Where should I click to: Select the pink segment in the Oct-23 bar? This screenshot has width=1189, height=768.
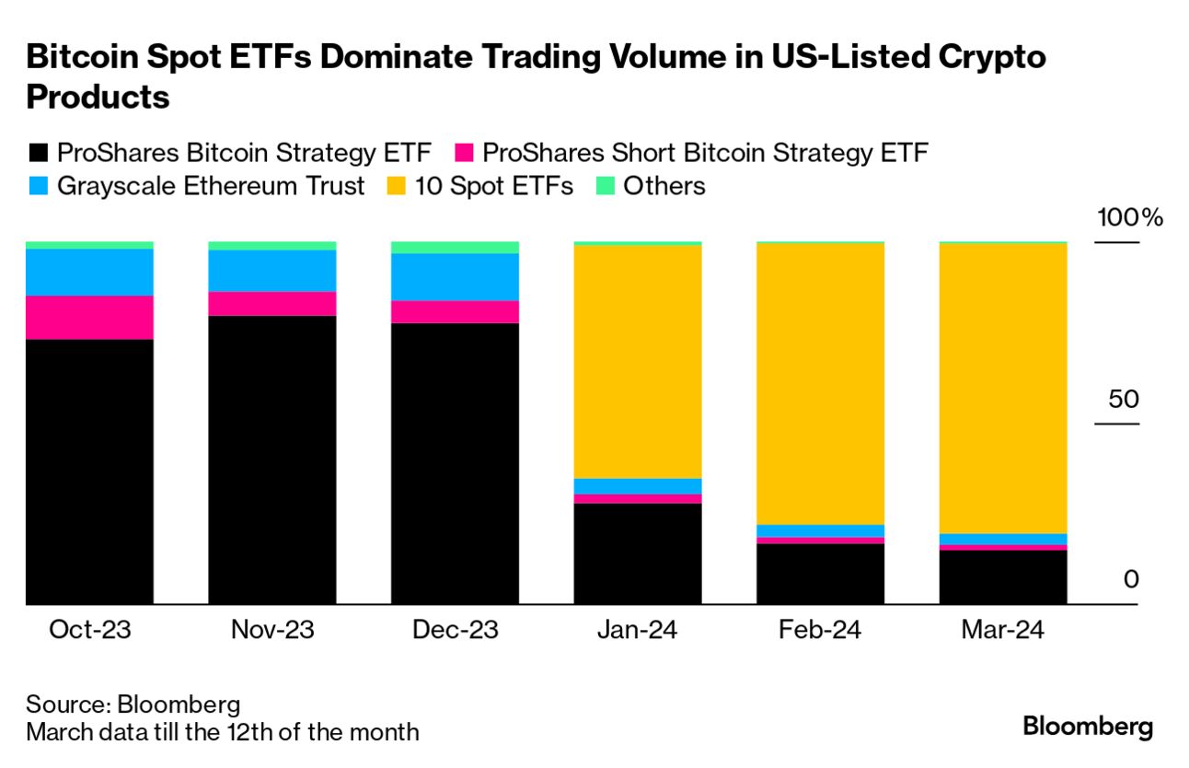(x=89, y=318)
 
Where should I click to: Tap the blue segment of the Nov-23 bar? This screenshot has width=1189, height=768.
(x=271, y=271)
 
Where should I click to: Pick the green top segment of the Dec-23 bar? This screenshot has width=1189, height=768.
(x=455, y=248)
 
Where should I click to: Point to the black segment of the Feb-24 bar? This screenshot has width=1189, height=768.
(x=820, y=574)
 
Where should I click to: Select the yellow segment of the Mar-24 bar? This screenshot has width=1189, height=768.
(x=1002, y=388)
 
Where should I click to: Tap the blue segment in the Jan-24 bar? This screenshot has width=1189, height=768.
(x=637, y=486)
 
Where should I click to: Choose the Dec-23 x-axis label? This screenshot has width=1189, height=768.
(x=455, y=631)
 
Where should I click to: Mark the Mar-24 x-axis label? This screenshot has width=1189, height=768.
(x=1002, y=631)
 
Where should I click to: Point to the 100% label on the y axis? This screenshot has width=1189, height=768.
(x=1129, y=219)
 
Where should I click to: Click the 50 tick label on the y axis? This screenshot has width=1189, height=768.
(x=1124, y=400)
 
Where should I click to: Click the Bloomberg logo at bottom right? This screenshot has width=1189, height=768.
(x=1087, y=727)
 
